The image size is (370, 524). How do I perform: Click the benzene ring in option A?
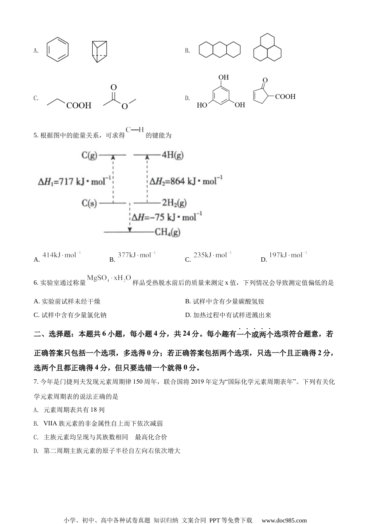58,50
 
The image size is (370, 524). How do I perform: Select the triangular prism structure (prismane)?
100,52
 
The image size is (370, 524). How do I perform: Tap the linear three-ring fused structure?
220,50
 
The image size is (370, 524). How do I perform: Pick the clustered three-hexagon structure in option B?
268,47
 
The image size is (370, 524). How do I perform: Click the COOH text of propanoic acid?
79,106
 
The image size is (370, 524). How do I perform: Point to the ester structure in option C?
120,97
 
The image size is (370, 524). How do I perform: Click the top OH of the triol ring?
224,77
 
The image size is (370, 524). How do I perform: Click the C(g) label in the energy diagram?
89,155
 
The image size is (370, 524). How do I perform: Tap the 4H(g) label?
173,155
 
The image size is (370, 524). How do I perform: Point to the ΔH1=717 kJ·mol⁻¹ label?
74,181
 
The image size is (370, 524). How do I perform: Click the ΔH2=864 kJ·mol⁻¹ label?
186,181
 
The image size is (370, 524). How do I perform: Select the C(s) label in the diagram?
89,203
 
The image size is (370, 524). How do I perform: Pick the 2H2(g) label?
174,203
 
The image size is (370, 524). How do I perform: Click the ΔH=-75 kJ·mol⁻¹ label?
167,217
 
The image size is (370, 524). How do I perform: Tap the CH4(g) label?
167,232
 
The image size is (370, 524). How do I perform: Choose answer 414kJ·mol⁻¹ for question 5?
62,255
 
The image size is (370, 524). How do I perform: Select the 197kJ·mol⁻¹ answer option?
288,255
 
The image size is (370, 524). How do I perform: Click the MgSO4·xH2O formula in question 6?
109,278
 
